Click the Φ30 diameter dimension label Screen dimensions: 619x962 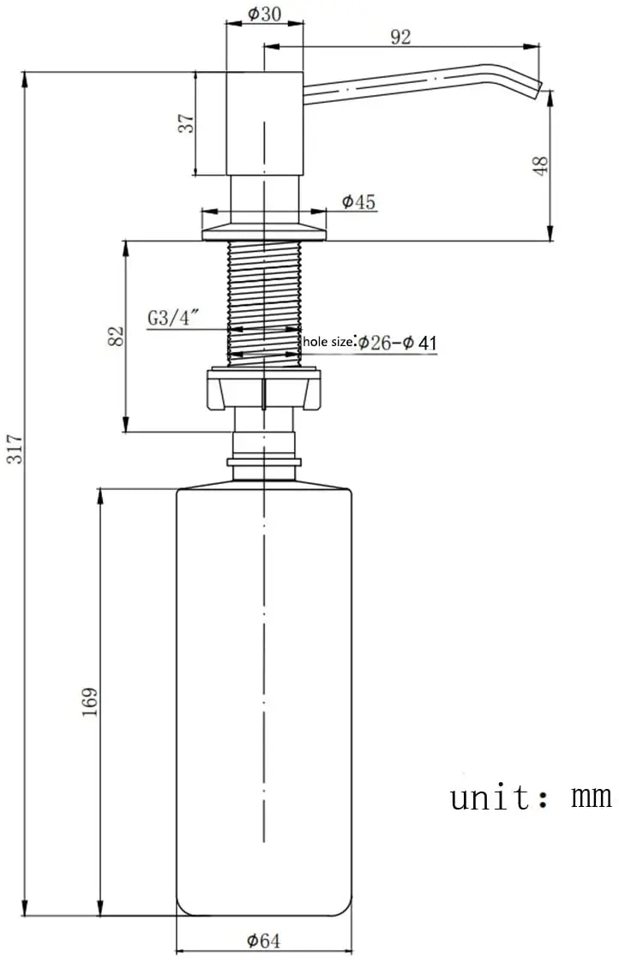click(x=265, y=14)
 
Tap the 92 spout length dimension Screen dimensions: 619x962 click(x=400, y=37)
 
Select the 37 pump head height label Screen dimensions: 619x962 click(x=186, y=123)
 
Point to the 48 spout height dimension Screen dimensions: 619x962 click(x=540, y=166)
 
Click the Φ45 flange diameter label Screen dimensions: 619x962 click(x=358, y=202)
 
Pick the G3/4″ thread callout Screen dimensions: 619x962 click(x=174, y=319)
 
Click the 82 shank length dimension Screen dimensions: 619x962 click(x=116, y=336)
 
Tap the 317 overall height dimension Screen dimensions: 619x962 click(x=14, y=449)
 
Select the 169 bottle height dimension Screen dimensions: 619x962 click(x=90, y=702)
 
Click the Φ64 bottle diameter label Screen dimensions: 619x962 click(x=263, y=940)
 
